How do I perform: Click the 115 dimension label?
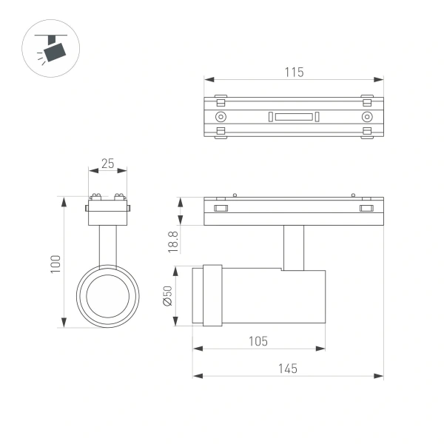pyautogui.click(x=294, y=73)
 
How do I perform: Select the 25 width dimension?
pyautogui.click(x=108, y=164)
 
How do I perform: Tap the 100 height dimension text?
pyautogui.click(x=55, y=263)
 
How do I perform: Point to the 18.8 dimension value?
pyautogui.click(x=172, y=241)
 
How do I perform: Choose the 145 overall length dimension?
pyautogui.click(x=288, y=369)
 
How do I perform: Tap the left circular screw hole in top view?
pyautogui.click(x=221, y=117)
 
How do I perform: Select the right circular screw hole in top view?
pyautogui.click(x=366, y=117)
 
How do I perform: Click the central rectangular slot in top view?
pyautogui.click(x=293, y=116)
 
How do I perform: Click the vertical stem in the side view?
pyautogui.click(x=293, y=247)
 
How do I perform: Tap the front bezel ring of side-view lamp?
pyautogui.click(x=212, y=295)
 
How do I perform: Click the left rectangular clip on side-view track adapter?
pyautogui.click(x=221, y=208)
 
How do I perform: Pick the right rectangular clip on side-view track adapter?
pyautogui.click(x=366, y=208)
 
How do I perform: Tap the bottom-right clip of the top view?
pyautogui.click(x=367, y=133)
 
